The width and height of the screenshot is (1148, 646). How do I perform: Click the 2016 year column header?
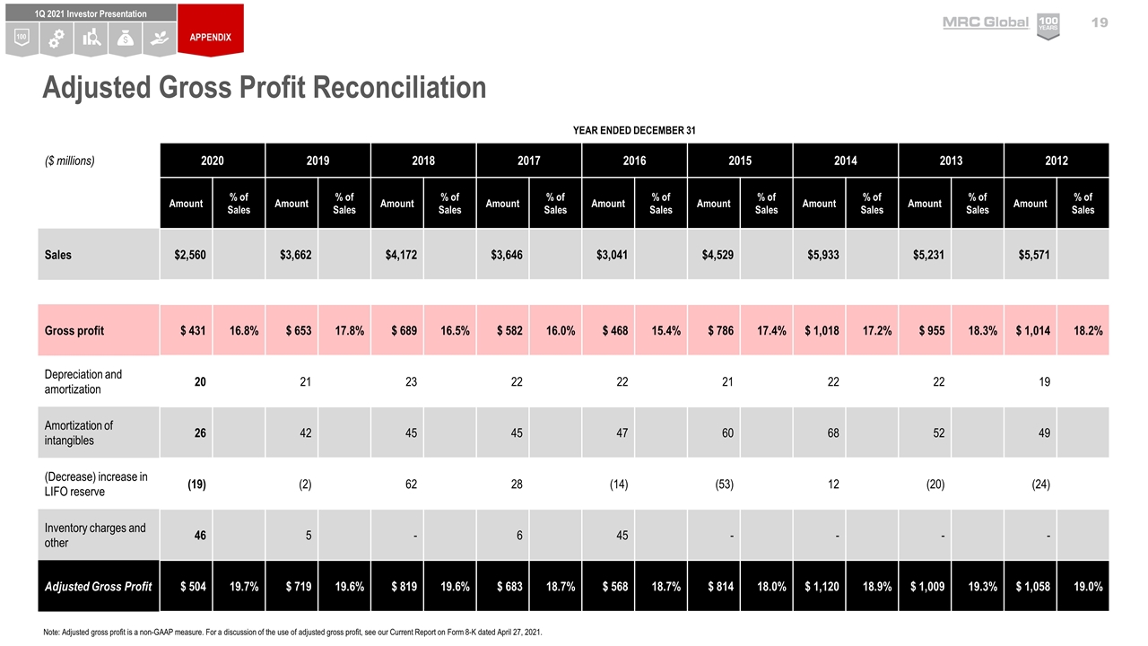634,161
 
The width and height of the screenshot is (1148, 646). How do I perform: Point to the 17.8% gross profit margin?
344,330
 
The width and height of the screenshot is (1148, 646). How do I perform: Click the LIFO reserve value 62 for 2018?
411,484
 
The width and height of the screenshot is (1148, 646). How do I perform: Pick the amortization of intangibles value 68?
833,433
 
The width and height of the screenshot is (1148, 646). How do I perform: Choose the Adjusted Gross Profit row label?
99,587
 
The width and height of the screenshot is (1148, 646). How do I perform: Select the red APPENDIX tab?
210,37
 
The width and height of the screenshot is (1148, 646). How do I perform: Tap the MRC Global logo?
985,22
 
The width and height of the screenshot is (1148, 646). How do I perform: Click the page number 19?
1100,22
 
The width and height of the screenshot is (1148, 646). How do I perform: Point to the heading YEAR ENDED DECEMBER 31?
634,131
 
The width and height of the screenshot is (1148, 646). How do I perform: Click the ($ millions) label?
70,161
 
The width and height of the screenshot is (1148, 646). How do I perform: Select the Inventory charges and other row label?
95,536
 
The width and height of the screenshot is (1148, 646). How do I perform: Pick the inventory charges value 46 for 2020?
200,536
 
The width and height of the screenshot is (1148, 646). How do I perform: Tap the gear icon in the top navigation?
56,39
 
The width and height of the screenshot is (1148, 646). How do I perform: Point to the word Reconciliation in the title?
387,88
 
